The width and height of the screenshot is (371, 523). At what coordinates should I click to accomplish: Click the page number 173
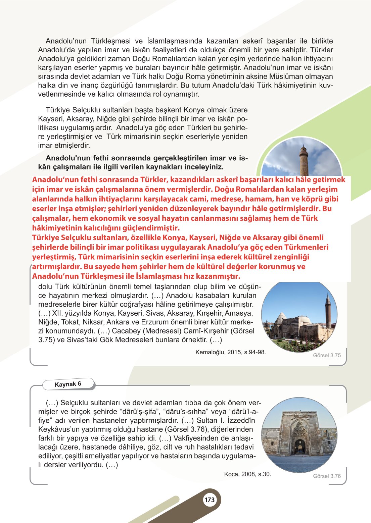(210, 500)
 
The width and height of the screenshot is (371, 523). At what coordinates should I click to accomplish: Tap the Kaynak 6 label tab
(68, 384)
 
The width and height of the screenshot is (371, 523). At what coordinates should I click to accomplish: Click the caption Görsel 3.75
(327, 355)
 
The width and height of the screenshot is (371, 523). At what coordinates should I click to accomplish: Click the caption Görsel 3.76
(327, 476)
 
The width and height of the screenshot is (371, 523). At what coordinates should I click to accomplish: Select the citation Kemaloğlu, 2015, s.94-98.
(230, 352)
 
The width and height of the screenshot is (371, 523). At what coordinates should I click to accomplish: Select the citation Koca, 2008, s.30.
(247, 474)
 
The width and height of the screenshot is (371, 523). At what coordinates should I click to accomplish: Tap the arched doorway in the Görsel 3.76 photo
(300, 446)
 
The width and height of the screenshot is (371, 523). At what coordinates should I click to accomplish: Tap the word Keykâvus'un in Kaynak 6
(58, 429)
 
